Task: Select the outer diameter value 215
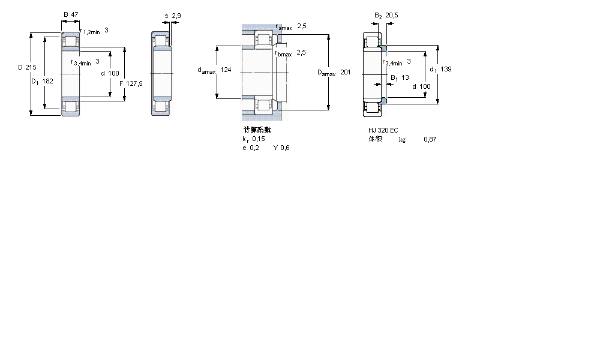(31, 67)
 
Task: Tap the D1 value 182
(48, 80)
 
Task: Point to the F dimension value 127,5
(135, 83)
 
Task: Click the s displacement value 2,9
(176, 15)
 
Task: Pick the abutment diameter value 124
(226, 70)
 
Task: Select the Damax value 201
(346, 73)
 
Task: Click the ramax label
(284, 28)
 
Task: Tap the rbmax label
(283, 53)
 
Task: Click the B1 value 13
(406, 77)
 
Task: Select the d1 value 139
(446, 69)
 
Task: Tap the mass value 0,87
(430, 139)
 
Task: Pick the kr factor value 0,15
(259, 139)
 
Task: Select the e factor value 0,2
(254, 148)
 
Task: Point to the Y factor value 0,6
(285, 148)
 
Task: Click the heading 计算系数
(257, 130)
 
